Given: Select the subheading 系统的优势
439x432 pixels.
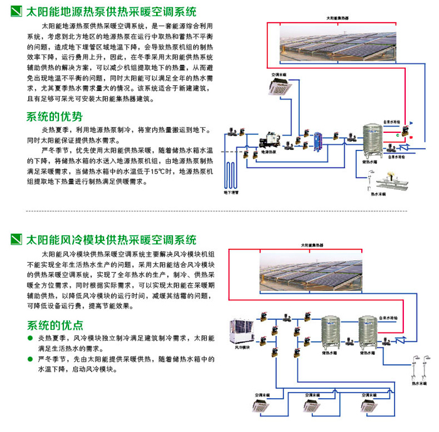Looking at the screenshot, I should pyautogui.click(x=55, y=117).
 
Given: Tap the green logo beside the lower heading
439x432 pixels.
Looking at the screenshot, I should pyautogui.click(x=17, y=240).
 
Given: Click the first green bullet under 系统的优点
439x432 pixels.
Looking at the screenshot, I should pyautogui.click(x=31, y=339).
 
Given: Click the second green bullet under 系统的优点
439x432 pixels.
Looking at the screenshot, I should pyautogui.click(x=31, y=360).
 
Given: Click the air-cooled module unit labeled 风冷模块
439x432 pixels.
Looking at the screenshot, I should pyautogui.click(x=243, y=330).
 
